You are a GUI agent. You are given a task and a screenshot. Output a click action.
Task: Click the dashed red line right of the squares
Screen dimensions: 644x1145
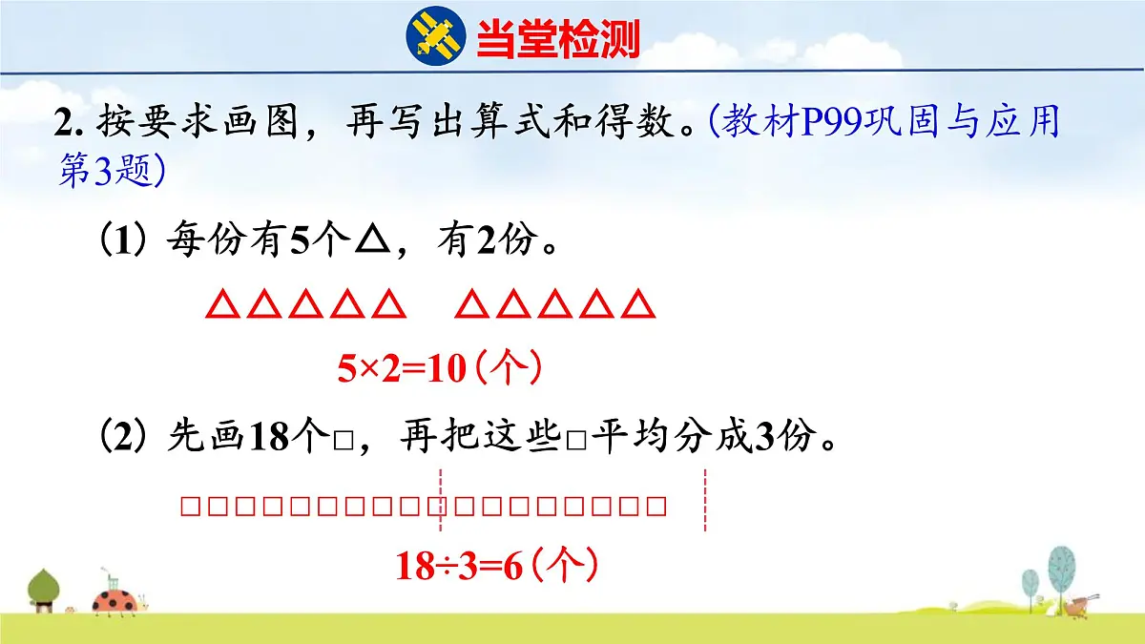[x=705, y=501]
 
